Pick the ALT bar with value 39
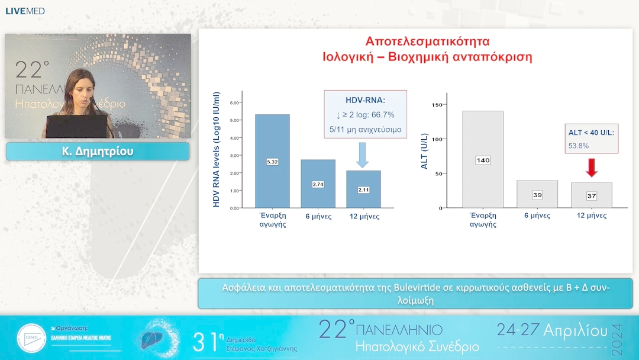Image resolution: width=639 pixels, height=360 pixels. click(x=537, y=194)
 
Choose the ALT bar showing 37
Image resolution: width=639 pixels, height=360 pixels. click(x=592, y=195)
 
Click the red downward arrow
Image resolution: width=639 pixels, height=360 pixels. click(x=592, y=168)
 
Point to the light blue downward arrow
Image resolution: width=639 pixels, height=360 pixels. click(x=363, y=155)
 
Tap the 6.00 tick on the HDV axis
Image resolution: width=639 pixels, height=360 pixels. click(x=234, y=103)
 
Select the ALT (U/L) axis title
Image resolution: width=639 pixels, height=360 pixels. click(x=424, y=155)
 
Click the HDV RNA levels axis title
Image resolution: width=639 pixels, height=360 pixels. click(x=216, y=149)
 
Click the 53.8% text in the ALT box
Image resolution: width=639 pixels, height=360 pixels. click(x=579, y=145)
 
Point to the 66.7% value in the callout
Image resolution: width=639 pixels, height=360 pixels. click(x=382, y=115)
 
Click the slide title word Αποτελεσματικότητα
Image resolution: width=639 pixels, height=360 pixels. click(x=427, y=41)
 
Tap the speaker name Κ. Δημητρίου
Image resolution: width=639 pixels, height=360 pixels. click(x=98, y=152)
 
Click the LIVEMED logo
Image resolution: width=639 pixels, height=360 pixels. click(x=25, y=11)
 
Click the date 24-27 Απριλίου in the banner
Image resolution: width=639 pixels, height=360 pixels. click(x=552, y=330)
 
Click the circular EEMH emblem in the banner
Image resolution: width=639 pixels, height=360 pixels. click(x=31, y=339)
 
